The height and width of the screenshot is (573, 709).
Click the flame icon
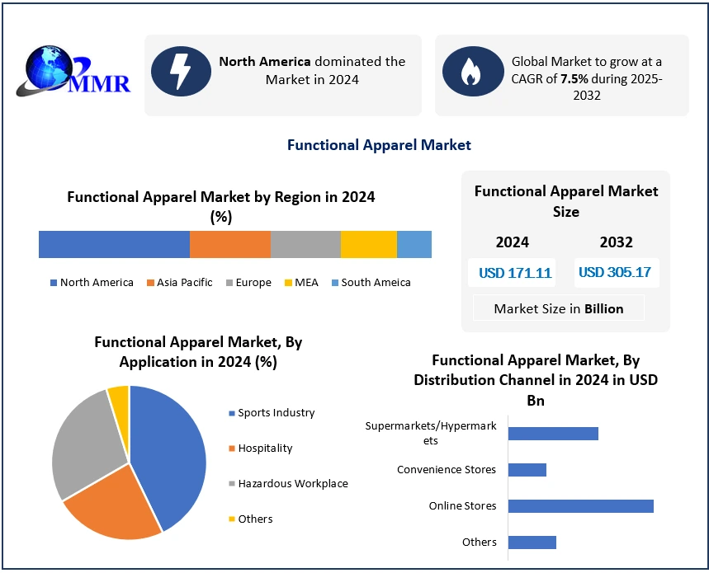[473, 72]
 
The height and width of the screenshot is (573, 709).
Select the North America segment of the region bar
[114, 245]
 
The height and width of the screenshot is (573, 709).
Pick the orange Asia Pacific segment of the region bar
[229, 245]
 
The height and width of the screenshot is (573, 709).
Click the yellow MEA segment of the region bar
[368, 245]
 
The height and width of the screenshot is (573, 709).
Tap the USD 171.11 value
[515, 273]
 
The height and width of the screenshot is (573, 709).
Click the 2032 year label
[617, 242]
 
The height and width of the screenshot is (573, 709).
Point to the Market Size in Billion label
[559, 308]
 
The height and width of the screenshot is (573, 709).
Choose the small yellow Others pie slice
[119, 397]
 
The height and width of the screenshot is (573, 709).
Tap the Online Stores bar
[580, 505]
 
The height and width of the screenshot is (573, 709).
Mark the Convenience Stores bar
[527, 470]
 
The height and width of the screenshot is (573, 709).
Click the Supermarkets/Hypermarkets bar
[552, 434]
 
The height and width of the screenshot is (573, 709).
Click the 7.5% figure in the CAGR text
[575, 78]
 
